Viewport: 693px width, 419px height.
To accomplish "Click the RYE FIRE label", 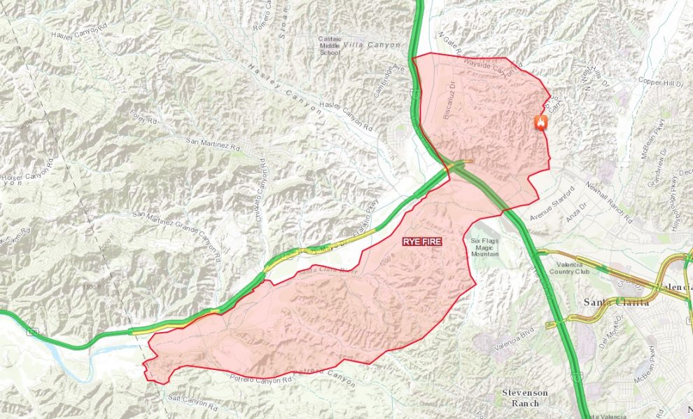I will [x=422, y=240].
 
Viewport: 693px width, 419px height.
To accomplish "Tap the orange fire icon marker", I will [x=540, y=123].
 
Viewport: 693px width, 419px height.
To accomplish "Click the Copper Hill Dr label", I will [x=660, y=82].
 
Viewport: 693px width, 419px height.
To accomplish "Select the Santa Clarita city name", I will [x=616, y=303].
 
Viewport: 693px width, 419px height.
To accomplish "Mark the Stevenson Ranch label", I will [x=525, y=397].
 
